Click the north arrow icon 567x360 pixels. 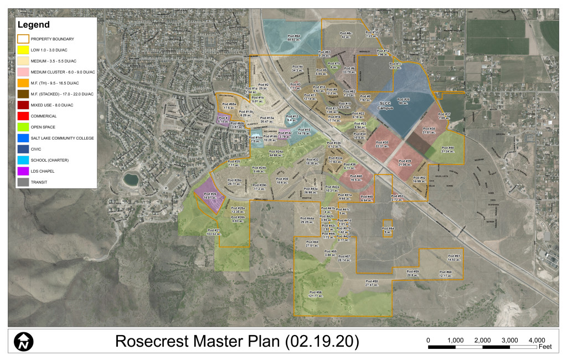click(24, 341)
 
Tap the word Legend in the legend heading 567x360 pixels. click(34, 25)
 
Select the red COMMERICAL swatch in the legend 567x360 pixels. click(23, 116)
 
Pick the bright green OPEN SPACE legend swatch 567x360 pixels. click(23, 127)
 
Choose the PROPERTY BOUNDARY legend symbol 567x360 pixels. click(23, 39)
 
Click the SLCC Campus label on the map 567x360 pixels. click(385, 105)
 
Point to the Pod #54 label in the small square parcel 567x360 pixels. click(388, 230)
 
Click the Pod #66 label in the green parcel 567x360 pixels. click(447, 149)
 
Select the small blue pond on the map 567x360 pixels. click(130, 179)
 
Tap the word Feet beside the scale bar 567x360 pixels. click(546, 347)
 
